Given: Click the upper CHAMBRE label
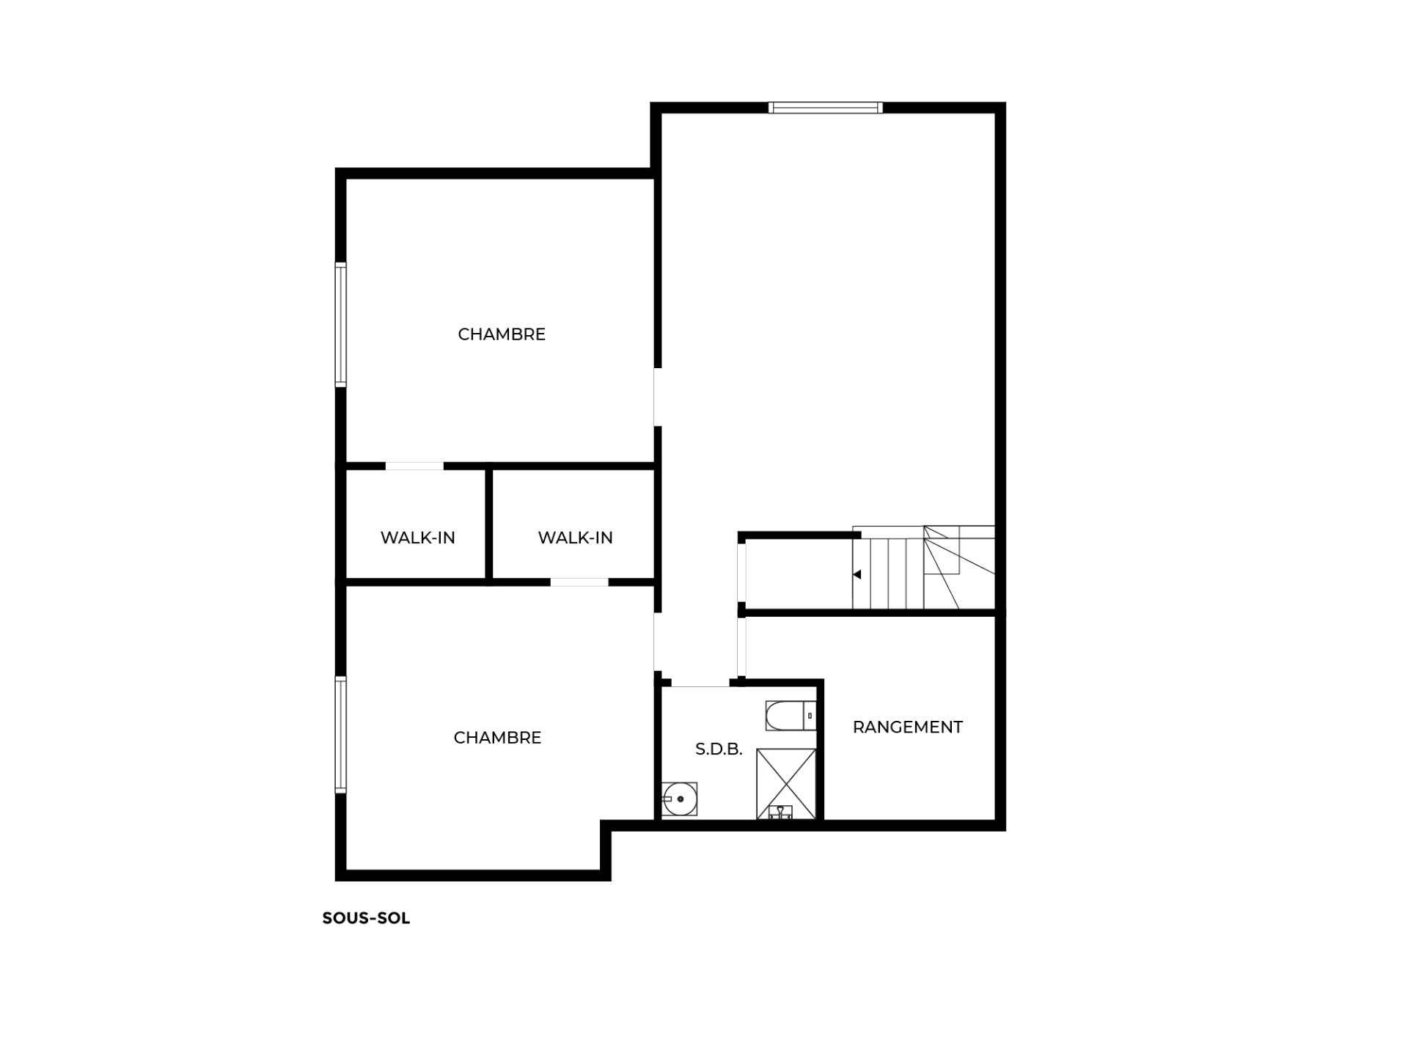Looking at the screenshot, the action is click(x=502, y=334).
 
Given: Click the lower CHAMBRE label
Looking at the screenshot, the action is click(x=497, y=738).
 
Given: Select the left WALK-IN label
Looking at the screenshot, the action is click(x=418, y=538).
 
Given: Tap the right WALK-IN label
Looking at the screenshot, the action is click(x=575, y=538).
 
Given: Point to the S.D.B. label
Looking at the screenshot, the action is click(x=719, y=749).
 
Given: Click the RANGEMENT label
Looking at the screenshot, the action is click(x=908, y=727).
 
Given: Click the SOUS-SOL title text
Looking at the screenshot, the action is click(x=366, y=918).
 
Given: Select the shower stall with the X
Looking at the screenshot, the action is click(x=786, y=783).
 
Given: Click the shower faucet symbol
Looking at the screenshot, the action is click(x=780, y=811).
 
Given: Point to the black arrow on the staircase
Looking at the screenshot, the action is click(x=857, y=575).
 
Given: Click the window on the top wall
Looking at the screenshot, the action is click(x=826, y=108).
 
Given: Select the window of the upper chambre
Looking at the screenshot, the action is click(x=340, y=324).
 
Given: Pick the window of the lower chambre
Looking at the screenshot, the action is click(x=340, y=734).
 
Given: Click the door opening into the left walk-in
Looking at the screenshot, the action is click(x=414, y=466).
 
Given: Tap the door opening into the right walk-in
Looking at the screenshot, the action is click(x=579, y=582).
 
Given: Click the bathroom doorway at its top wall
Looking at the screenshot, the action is click(x=700, y=683).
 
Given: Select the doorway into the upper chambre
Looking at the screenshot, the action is click(x=658, y=397).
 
